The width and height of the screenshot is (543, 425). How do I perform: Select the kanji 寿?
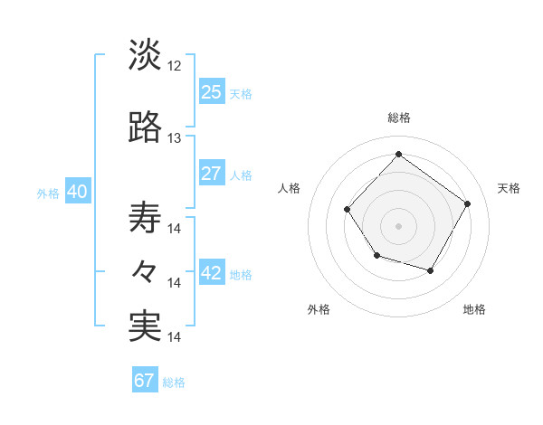[x=145, y=217]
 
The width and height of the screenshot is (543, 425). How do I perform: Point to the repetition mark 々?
[x=145, y=272]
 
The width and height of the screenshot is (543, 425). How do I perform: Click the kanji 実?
[x=145, y=326]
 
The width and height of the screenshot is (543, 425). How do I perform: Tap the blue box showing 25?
[x=212, y=91]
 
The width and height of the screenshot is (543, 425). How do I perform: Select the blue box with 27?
[x=212, y=174]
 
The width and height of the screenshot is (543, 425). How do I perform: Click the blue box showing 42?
[x=212, y=273]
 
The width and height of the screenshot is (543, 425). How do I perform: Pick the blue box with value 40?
[x=76, y=192]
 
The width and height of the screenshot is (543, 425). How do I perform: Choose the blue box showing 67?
[x=145, y=380]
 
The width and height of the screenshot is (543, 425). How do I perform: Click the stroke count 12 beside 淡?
[x=175, y=66]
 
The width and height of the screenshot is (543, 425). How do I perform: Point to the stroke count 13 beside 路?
[x=175, y=138]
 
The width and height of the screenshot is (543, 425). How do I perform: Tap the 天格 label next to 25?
[x=241, y=93]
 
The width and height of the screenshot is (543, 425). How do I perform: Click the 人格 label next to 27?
[x=241, y=175]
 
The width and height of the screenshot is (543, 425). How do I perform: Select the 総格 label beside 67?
[x=174, y=382]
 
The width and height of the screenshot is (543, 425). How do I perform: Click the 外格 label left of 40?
[x=48, y=194]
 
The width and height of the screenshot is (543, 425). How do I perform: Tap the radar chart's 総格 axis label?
[x=398, y=118]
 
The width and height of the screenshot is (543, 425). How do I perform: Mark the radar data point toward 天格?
[x=467, y=203]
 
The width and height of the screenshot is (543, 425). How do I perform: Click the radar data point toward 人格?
[x=348, y=210]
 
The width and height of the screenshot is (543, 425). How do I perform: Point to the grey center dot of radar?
[x=398, y=225]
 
